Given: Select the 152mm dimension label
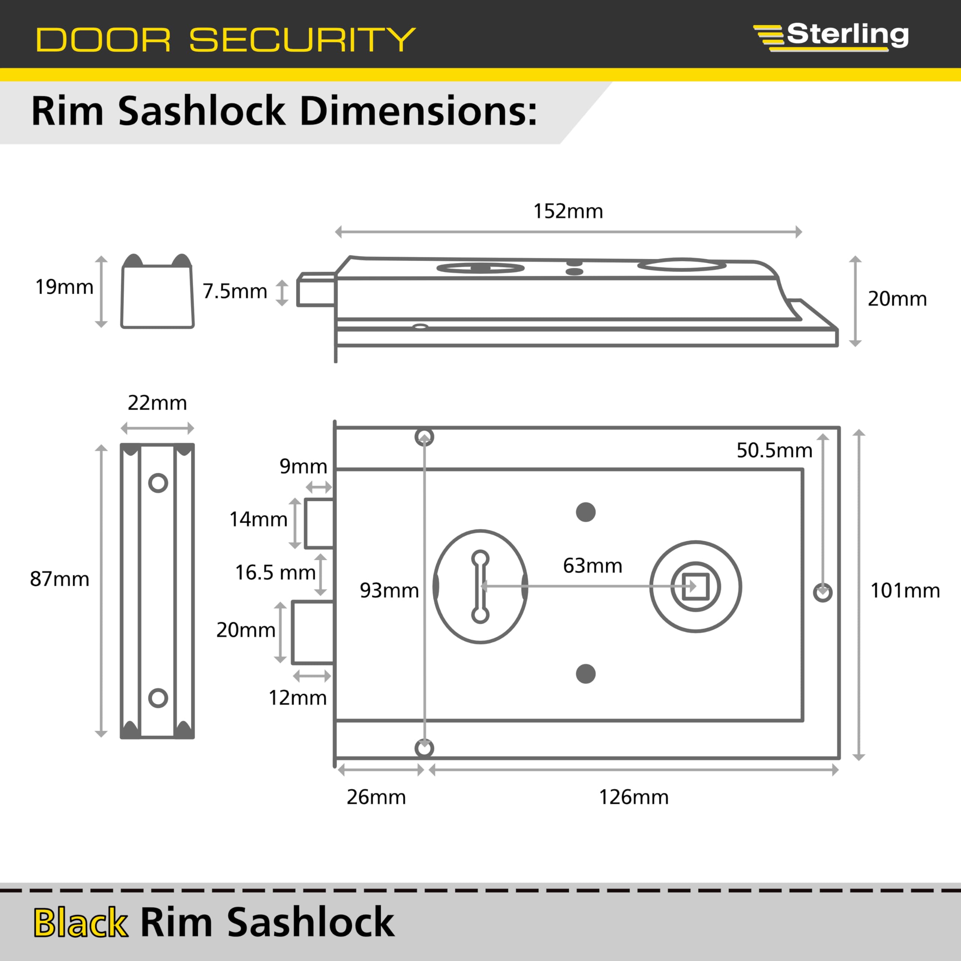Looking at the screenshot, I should (x=568, y=211).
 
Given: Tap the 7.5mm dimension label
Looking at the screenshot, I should (x=235, y=291).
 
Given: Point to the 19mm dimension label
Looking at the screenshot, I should (x=64, y=287).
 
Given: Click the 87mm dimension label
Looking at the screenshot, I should (x=60, y=579).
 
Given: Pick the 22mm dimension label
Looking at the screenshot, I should (x=157, y=403).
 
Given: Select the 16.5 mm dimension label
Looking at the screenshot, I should (x=275, y=572).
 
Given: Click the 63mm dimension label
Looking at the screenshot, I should (x=592, y=566).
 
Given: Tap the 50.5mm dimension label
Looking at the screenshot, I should (x=774, y=450).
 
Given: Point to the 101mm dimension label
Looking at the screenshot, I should (x=905, y=591).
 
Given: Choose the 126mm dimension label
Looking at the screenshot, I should (x=634, y=797).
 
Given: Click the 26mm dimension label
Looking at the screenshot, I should (x=376, y=797).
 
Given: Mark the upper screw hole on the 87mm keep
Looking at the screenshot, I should (x=158, y=482).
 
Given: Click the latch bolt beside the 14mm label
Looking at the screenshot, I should (x=319, y=523).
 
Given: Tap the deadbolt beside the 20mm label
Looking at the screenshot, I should (x=312, y=632).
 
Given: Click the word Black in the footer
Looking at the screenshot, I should (x=81, y=922).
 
